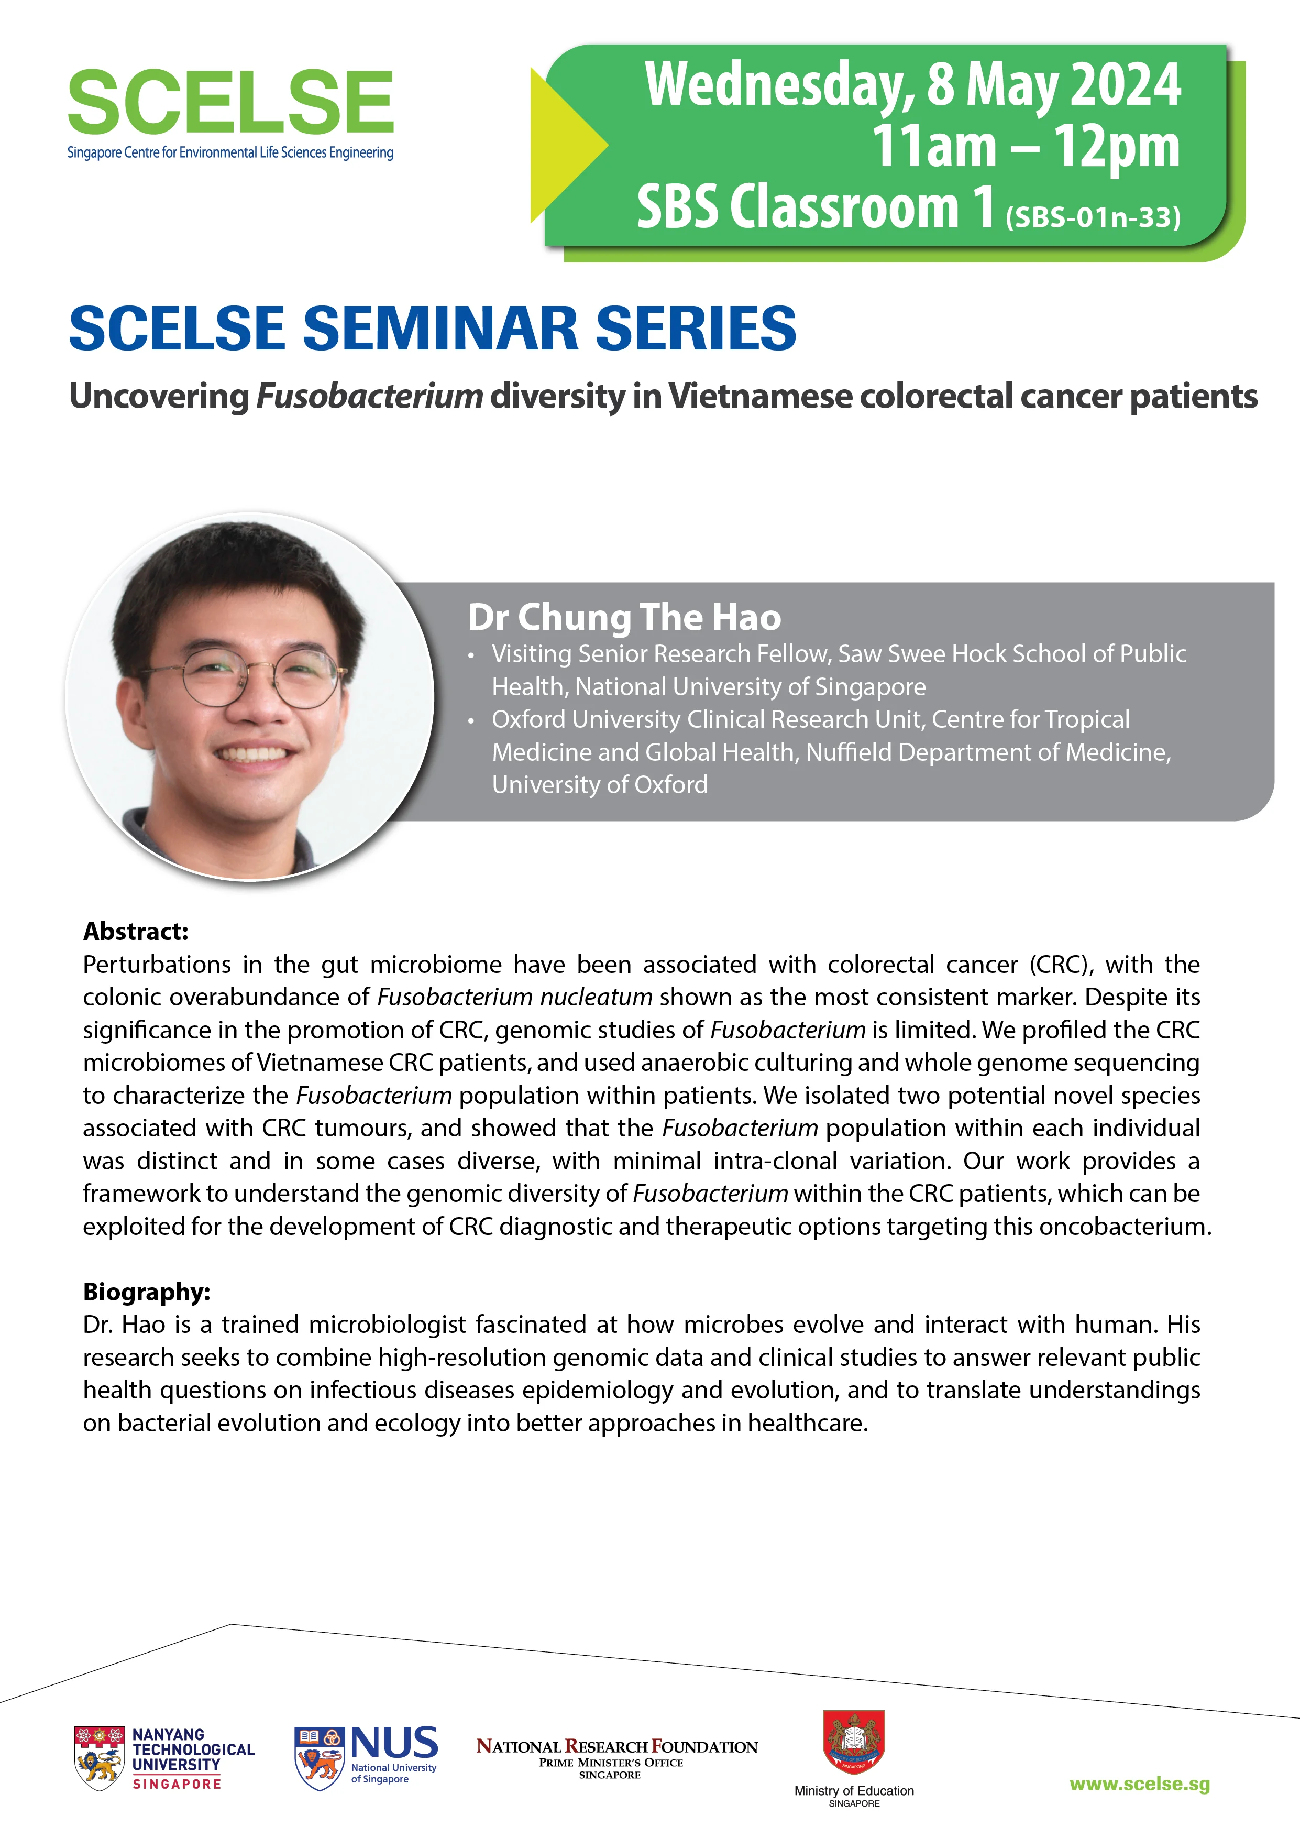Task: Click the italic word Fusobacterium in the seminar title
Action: point(369,396)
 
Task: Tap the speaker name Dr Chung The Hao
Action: point(624,617)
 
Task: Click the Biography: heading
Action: point(147,1292)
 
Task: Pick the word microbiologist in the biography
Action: point(388,1325)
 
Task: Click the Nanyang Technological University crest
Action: point(100,1759)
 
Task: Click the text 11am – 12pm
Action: point(1026,147)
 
